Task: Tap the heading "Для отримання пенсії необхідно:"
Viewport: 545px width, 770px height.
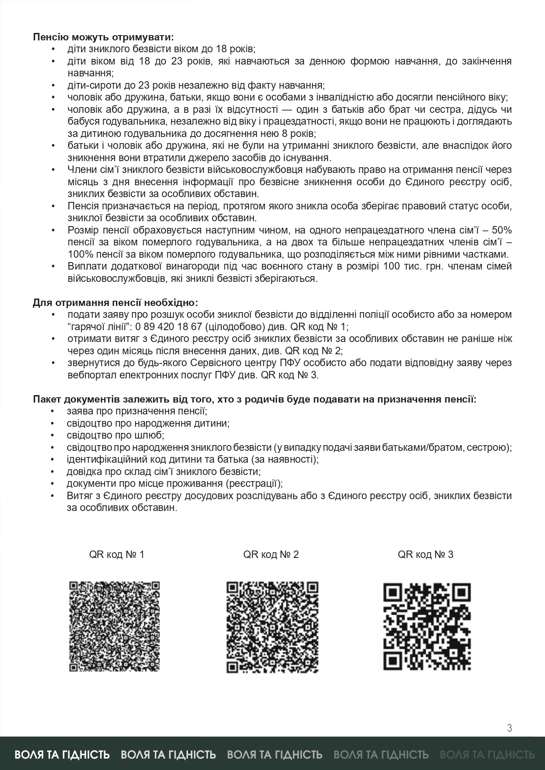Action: pyautogui.click(x=115, y=302)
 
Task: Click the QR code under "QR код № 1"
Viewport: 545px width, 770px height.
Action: pyautogui.click(x=114, y=626)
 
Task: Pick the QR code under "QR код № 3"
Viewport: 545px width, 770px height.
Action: pyautogui.click(x=427, y=626)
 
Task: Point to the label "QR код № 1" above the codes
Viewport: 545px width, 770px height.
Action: pyautogui.click(x=116, y=554)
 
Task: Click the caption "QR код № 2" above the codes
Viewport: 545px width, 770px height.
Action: pyautogui.click(x=271, y=554)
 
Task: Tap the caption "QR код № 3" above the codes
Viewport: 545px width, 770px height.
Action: pyautogui.click(x=426, y=554)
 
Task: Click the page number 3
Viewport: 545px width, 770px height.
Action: pyautogui.click(x=509, y=728)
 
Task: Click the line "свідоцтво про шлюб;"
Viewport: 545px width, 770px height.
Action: pyautogui.click(x=115, y=435)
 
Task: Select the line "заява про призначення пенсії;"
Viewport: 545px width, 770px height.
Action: pyautogui.click(x=137, y=411)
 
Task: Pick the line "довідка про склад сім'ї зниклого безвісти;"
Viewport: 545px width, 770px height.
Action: pyautogui.click(x=164, y=471)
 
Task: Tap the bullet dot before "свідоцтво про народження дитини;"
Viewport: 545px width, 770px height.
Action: pyautogui.click(x=54, y=424)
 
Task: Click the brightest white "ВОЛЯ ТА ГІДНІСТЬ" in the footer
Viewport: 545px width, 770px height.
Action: pyautogui.click(x=62, y=755)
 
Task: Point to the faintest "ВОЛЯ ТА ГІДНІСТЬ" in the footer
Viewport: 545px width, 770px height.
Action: pyautogui.click(x=487, y=755)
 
